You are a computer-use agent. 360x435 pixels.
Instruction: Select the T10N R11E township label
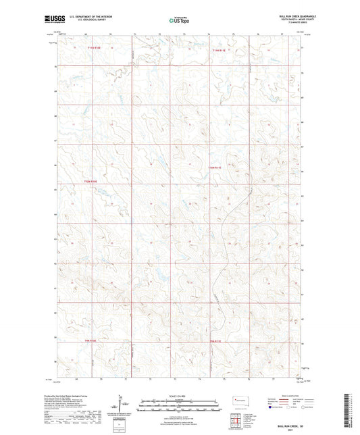tap(215, 167)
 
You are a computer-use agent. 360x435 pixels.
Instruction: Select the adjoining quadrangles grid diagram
tap(236, 424)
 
